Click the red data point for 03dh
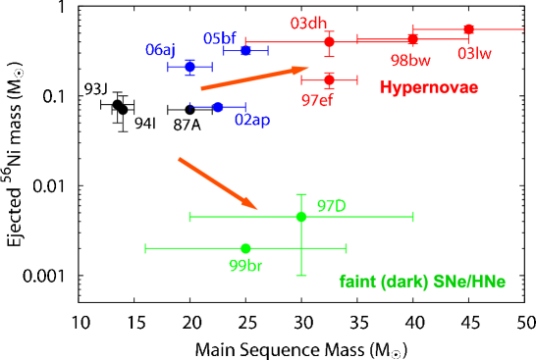click(329, 40)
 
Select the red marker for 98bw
click(412, 38)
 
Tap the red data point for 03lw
click(468, 29)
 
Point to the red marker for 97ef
click(329, 78)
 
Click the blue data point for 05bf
click(245, 50)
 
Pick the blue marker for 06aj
click(189, 67)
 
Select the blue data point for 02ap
click(218, 106)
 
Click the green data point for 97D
click(301, 216)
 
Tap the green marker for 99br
click(245, 248)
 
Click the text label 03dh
click(308, 23)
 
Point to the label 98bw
click(410, 60)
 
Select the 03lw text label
click(474, 54)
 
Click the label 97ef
click(316, 100)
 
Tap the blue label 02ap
click(252, 121)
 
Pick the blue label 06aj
click(160, 50)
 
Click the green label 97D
click(331, 206)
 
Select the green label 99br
click(245, 266)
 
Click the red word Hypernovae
click(429, 88)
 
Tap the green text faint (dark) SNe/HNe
click(422, 282)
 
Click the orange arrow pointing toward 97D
click(218, 183)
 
